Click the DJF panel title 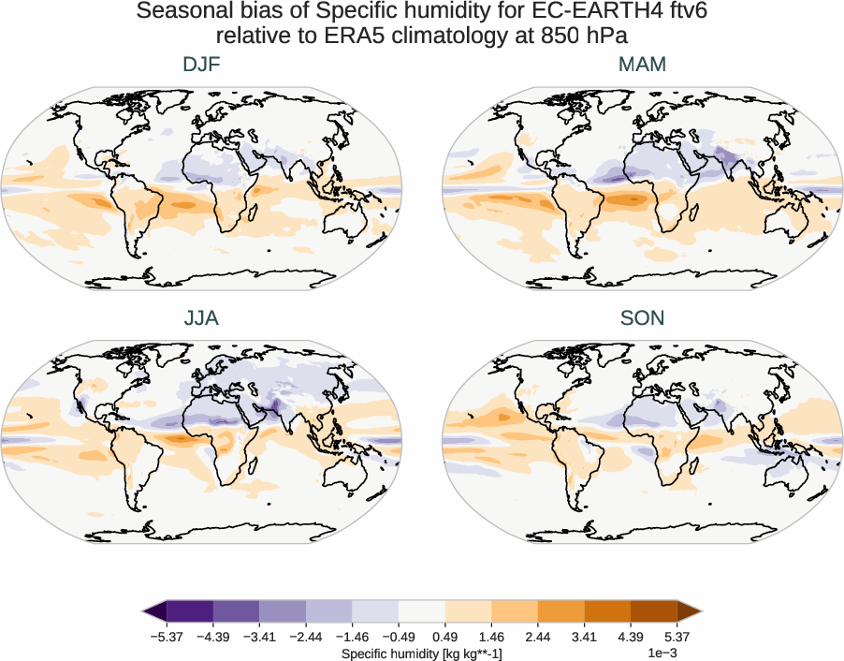pyautogui.click(x=202, y=65)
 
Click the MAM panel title pyautogui.click(x=642, y=65)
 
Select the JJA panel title pyautogui.click(x=202, y=318)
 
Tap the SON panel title pyautogui.click(x=642, y=318)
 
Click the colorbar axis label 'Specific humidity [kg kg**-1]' pyautogui.click(x=422, y=652)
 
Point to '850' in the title pyautogui.click(x=549, y=36)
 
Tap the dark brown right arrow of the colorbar pyautogui.click(x=689, y=611)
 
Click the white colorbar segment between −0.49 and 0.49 pyautogui.click(x=422, y=611)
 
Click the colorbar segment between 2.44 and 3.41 pyautogui.click(x=560, y=611)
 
